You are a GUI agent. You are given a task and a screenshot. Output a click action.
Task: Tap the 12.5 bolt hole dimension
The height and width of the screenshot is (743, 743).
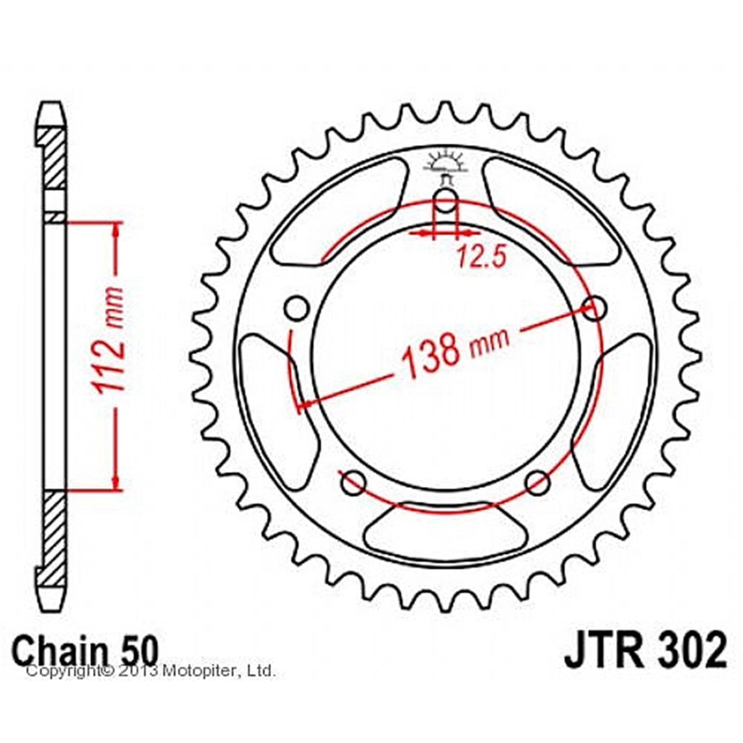point(482,256)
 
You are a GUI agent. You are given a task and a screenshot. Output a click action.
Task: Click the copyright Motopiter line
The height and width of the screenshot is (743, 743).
point(151,671)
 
